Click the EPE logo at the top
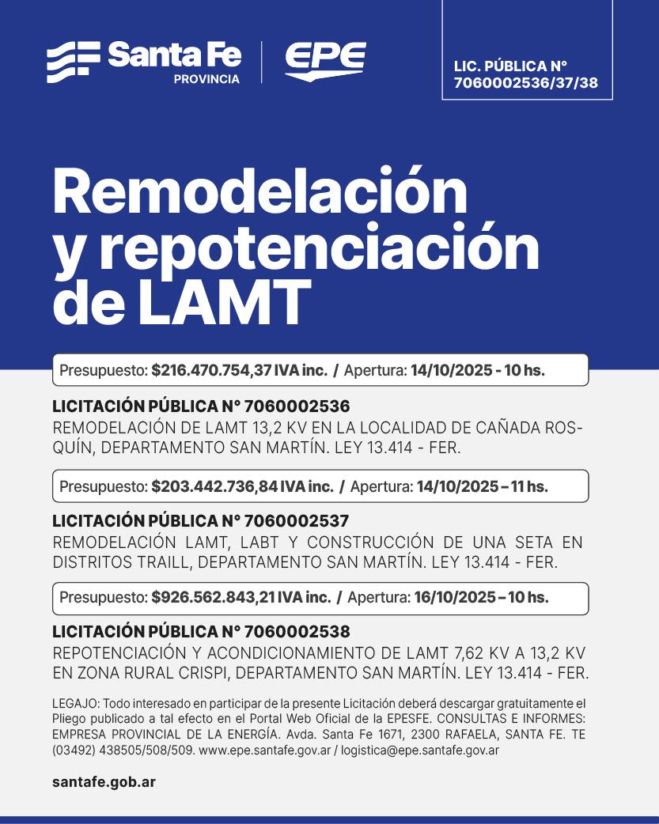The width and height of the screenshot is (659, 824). click(325, 61)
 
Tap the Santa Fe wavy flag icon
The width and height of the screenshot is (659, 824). click(74, 62)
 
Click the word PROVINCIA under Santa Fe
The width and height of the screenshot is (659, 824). click(206, 80)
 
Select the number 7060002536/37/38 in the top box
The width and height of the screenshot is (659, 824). click(526, 81)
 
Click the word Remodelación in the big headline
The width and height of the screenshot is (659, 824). click(260, 192)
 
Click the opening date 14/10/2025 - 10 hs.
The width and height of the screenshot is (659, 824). click(478, 370)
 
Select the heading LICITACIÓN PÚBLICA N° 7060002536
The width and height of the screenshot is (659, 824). click(201, 406)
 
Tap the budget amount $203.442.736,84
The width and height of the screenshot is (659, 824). click(216, 486)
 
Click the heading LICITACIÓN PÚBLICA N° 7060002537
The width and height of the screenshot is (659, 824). click(201, 522)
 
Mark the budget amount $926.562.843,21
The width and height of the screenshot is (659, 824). click(215, 598)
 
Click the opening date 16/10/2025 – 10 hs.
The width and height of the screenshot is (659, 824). click(481, 598)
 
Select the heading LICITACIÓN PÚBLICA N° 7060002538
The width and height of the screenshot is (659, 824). click(201, 633)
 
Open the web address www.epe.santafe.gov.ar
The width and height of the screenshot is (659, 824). click(264, 750)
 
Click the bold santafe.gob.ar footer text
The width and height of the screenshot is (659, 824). click(104, 782)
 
